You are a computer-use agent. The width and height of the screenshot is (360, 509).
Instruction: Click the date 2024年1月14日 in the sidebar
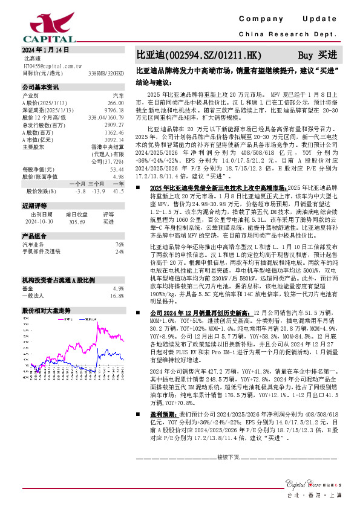(x=46, y=50)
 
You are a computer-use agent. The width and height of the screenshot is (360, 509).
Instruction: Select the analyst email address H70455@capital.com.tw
(x=52, y=66)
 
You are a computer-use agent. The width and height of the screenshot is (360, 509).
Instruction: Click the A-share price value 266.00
(x=117, y=103)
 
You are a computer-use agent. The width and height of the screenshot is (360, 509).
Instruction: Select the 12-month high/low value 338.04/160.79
(x=106, y=117)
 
